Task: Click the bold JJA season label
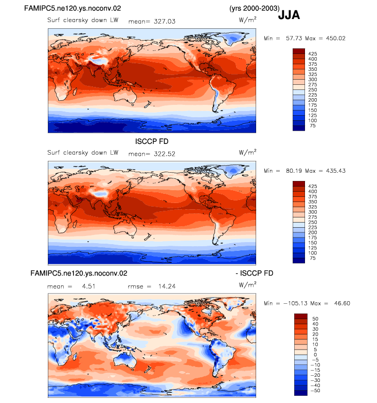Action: [x=289, y=14]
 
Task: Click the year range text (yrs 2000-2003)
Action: [x=254, y=8]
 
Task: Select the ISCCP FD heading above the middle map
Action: [x=152, y=141]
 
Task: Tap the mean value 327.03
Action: [x=165, y=22]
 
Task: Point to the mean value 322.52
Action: [x=165, y=154]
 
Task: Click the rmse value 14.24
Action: [x=167, y=286]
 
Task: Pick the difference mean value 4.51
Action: [x=88, y=286]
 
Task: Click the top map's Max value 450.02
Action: [x=335, y=38]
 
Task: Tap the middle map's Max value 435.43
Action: [x=335, y=171]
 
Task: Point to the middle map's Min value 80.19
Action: [x=294, y=171]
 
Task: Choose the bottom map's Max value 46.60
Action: [x=342, y=303]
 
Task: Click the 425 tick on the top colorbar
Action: [x=313, y=53]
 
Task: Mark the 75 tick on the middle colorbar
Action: [x=313, y=258]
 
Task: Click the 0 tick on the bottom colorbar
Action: [x=315, y=355]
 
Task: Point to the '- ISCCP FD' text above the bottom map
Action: [x=254, y=273]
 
